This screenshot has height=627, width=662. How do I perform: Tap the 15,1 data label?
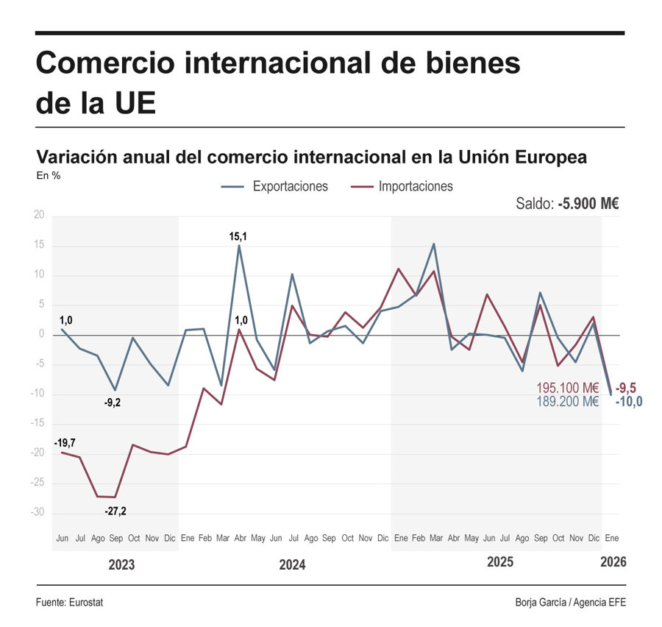[x=238, y=236]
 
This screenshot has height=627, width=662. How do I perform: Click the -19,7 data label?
[x=65, y=443]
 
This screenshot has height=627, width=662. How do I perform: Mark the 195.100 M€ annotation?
[x=568, y=388]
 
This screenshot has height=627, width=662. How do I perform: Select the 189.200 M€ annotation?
[x=568, y=402]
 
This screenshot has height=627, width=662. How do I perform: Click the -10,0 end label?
[x=628, y=402]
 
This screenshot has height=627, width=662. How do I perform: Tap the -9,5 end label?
[x=627, y=388]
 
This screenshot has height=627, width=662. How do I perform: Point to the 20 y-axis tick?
[x=38, y=216]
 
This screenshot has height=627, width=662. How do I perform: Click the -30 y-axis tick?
[x=37, y=513]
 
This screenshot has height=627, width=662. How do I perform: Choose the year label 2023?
[x=121, y=565]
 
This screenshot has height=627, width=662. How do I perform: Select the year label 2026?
[x=613, y=562]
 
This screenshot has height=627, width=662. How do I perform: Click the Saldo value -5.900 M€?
[x=588, y=204]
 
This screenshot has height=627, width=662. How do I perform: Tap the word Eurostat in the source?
[x=86, y=603]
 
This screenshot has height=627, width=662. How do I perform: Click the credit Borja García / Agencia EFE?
[x=571, y=603]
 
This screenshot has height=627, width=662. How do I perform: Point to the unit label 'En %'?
[x=48, y=176]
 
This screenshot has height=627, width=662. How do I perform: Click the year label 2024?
[x=292, y=565]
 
